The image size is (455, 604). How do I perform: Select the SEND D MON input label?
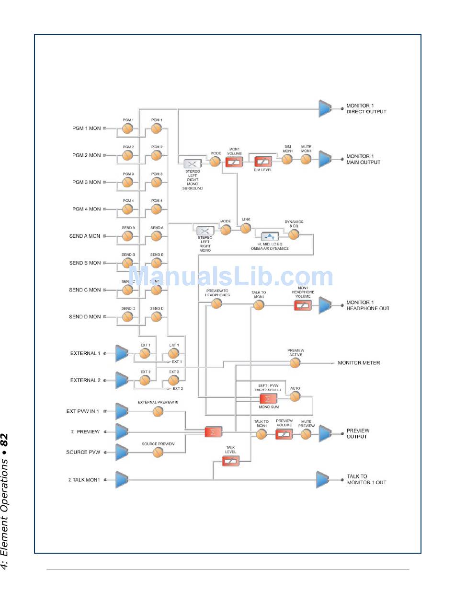(85, 317)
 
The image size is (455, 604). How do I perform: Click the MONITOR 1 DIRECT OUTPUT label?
(366, 109)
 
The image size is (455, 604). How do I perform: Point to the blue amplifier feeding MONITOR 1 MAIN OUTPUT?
(325, 160)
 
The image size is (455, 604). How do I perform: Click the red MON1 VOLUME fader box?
(234, 162)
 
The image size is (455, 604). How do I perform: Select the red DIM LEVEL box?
(263, 161)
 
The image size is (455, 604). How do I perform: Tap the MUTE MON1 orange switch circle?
(306, 159)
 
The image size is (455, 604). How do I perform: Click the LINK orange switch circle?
(246, 228)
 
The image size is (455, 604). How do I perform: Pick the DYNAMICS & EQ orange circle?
(294, 234)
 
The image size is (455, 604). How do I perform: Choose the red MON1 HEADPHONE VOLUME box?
(303, 305)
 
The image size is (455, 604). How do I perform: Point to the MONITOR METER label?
(359, 363)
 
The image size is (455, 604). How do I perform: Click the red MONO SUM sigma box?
(268, 399)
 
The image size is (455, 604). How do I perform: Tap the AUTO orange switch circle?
(295, 396)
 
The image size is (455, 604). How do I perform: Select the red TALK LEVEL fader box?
(230, 461)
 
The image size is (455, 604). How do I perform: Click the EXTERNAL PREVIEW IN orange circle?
(158, 411)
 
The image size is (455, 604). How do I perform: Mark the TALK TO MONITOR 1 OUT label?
(366, 479)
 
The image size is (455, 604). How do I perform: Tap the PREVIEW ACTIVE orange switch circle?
(295, 363)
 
